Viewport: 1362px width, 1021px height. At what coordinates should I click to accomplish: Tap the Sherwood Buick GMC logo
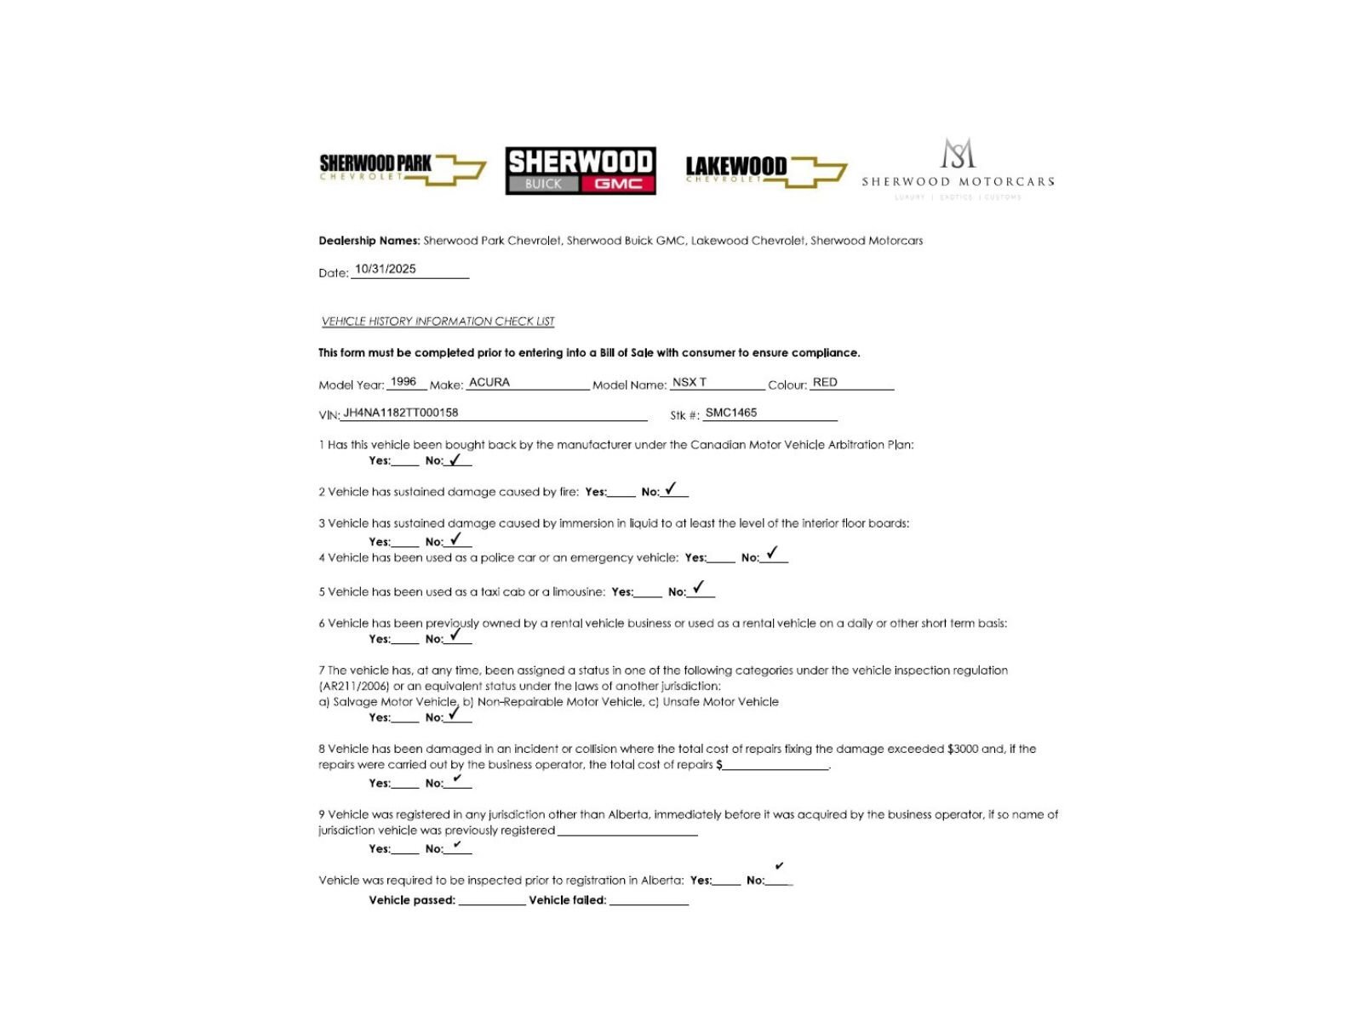(581, 170)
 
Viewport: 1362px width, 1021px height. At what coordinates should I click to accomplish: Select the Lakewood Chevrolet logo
(765, 169)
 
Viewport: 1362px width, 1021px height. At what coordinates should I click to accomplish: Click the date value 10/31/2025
(386, 269)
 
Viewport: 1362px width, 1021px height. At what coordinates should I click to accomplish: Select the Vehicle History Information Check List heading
(438, 322)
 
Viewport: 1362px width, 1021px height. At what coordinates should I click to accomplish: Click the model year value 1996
(403, 382)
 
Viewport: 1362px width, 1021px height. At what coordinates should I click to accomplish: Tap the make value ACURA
(489, 383)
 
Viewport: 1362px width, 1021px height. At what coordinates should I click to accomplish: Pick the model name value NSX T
(690, 383)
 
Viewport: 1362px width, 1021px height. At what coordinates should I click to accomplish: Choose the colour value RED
(825, 383)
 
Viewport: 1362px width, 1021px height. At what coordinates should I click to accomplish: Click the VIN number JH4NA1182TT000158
(401, 413)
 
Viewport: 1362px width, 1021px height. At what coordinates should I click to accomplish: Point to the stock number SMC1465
(731, 413)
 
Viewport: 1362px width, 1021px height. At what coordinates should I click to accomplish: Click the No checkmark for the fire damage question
(671, 489)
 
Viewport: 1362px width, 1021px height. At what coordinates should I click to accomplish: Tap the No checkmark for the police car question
(771, 554)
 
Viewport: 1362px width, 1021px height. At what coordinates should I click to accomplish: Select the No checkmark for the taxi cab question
(699, 588)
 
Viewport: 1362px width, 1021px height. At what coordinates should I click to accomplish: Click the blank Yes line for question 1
(405, 462)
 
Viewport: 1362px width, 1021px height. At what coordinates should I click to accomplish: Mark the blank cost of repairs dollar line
(775, 767)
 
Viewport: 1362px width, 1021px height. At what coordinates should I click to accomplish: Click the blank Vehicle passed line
(491, 902)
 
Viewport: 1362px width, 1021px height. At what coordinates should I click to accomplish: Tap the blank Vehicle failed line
(649, 902)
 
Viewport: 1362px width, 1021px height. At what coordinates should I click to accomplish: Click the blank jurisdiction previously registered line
(627, 832)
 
